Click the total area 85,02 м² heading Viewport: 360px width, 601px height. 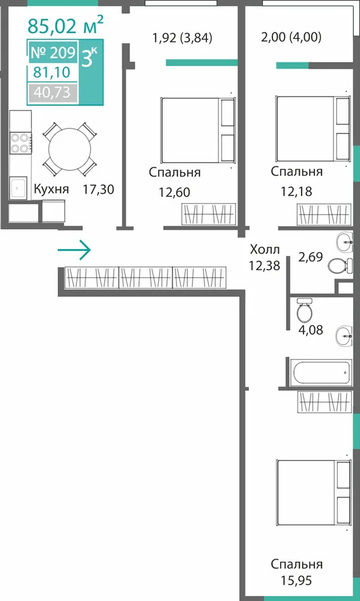[x=65, y=25]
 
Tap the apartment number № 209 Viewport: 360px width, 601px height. [x=53, y=53]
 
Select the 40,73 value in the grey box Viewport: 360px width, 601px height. [x=52, y=92]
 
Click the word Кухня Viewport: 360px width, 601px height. [x=51, y=189]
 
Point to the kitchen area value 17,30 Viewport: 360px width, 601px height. [x=99, y=189]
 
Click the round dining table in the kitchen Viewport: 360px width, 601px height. [x=70, y=149]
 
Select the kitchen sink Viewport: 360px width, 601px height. [x=18, y=188]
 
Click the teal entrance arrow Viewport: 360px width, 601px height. [x=74, y=250]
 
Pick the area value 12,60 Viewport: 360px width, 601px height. [x=175, y=192]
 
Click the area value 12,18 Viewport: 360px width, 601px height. [x=297, y=191]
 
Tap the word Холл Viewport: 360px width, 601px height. [x=265, y=250]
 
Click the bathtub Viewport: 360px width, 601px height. [x=321, y=372]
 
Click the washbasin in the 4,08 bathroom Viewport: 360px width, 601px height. [x=344, y=336]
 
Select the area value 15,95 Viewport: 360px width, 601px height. [x=297, y=581]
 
